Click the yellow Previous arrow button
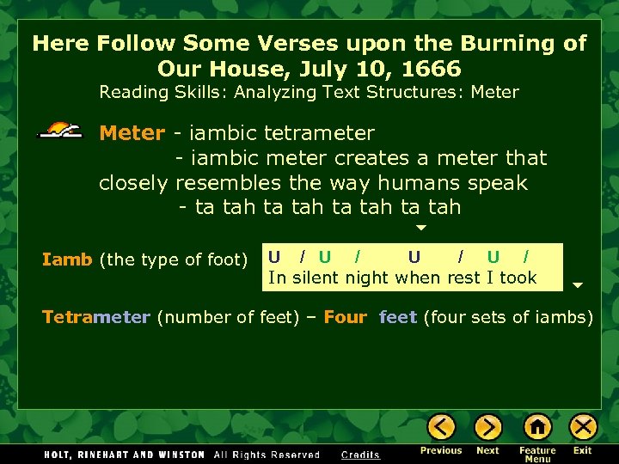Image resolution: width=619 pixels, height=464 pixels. tap(441, 427)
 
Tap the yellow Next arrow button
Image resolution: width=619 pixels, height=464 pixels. tap(487, 427)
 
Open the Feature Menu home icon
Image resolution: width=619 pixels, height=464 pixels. tap(537, 427)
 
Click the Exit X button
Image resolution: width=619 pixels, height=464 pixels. tap(583, 427)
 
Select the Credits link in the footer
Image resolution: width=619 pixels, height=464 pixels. tap(360, 455)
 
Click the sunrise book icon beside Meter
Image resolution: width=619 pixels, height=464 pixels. tap(61, 131)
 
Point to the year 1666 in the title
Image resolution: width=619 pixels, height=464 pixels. tap(430, 69)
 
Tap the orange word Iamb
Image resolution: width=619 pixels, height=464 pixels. tap(67, 259)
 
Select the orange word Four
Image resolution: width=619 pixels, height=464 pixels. tap(345, 317)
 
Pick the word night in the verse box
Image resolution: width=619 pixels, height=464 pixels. tap(367, 278)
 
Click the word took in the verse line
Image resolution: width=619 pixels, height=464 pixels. tap(518, 278)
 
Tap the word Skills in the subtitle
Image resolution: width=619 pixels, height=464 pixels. tap(192, 92)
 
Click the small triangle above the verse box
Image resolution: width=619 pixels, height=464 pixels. tap(421, 229)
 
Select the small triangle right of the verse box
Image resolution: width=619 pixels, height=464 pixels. tap(578, 285)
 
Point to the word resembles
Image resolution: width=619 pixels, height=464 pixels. tap(228, 183)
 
